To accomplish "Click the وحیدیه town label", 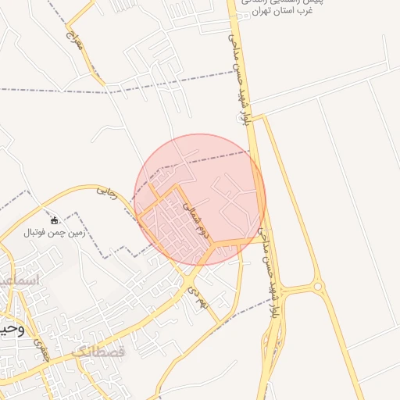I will click(12, 329).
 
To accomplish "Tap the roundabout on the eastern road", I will click(318, 287).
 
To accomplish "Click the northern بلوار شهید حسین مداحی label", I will click(240, 74).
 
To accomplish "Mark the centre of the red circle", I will click(200, 199).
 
